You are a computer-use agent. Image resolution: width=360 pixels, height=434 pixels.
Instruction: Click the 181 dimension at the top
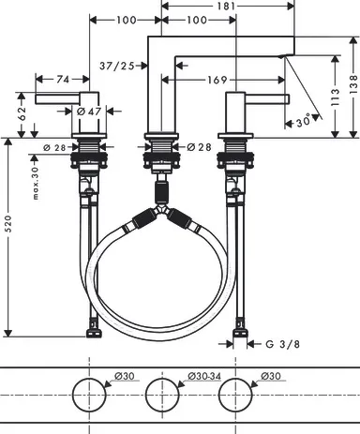tap(226, 6)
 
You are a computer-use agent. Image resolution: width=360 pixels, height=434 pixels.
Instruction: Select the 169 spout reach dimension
tap(217, 80)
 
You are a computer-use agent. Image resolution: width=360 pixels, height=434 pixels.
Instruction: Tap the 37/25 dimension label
tap(117, 66)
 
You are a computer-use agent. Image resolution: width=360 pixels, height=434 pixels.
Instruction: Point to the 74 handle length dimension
tap(63, 80)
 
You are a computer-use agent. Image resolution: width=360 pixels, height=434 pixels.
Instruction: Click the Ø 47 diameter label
tap(89, 111)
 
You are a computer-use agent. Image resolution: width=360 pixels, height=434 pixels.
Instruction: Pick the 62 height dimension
tap(22, 113)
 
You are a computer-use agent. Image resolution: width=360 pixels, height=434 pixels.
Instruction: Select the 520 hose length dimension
tap(8, 223)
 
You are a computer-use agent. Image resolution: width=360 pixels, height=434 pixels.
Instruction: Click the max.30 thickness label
tap(36, 183)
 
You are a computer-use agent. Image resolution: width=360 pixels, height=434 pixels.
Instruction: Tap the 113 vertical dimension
tap(335, 97)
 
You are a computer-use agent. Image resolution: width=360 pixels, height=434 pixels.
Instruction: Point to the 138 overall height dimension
tap(353, 83)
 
